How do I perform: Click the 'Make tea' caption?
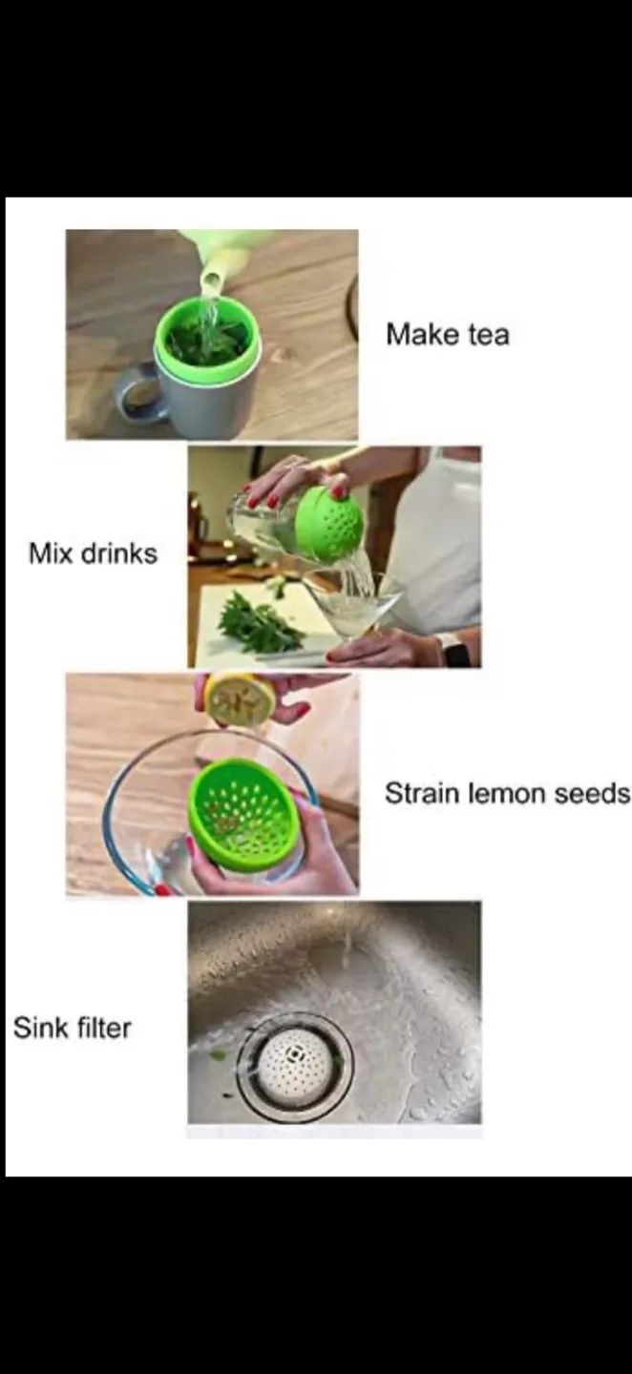(x=448, y=335)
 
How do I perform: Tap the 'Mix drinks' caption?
(x=94, y=553)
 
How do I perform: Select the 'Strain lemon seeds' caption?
(x=508, y=793)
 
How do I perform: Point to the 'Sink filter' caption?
(x=73, y=1028)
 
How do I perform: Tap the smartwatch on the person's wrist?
(x=454, y=650)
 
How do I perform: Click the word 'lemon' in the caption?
(x=508, y=793)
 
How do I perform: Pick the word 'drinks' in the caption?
(x=119, y=553)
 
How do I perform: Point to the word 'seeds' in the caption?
(x=592, y=793)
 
